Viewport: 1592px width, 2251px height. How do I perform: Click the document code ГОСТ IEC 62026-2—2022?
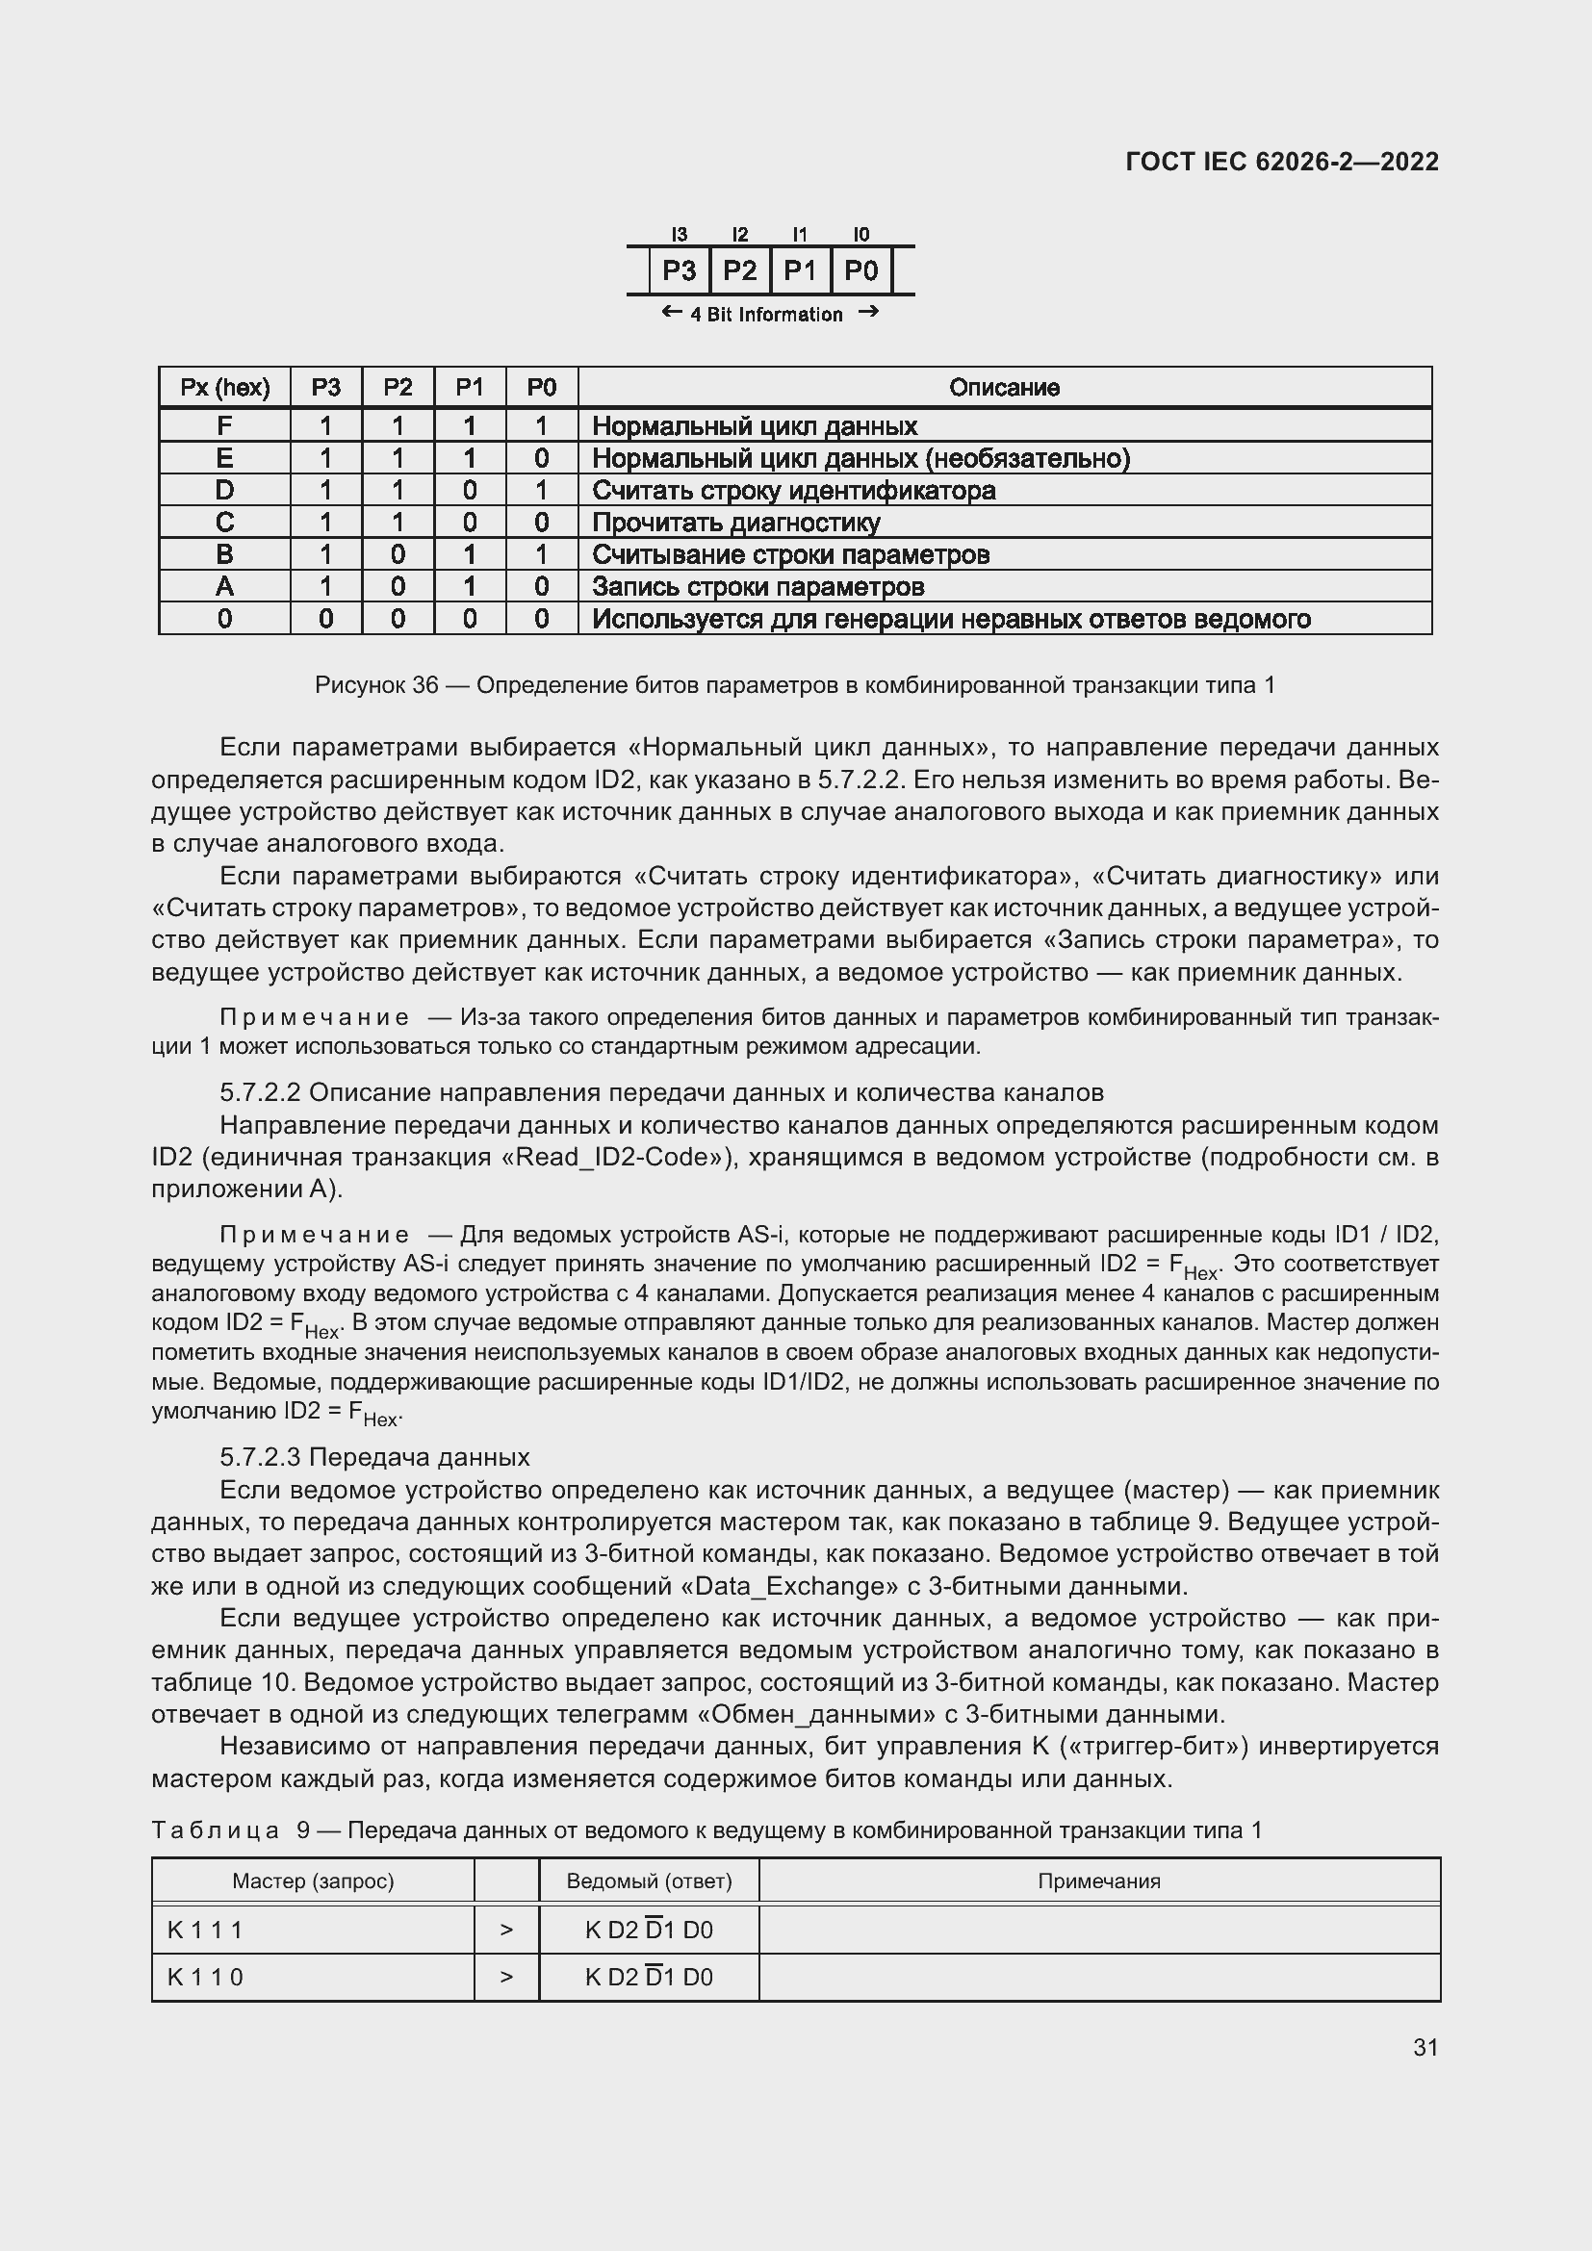(1281, 162)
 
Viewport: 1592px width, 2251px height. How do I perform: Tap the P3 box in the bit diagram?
(679, 270)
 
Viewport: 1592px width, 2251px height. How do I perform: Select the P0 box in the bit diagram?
(860, 270)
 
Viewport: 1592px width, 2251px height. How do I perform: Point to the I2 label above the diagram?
(739, 234)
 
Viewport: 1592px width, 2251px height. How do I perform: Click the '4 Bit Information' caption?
(765, 315)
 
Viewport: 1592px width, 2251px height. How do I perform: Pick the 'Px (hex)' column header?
(224, 387)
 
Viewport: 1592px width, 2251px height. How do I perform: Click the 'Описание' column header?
(1004, 387)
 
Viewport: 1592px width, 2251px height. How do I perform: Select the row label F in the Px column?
(224, 425)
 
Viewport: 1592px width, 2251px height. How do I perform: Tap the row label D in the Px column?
(224, 490)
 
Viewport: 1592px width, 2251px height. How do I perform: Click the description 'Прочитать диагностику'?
(735, 523)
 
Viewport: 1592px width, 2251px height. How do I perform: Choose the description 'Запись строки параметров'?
(757, 586)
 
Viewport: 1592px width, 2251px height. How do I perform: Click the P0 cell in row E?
(541, 458)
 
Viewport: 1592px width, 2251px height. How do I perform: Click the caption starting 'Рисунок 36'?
(795, 685)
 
